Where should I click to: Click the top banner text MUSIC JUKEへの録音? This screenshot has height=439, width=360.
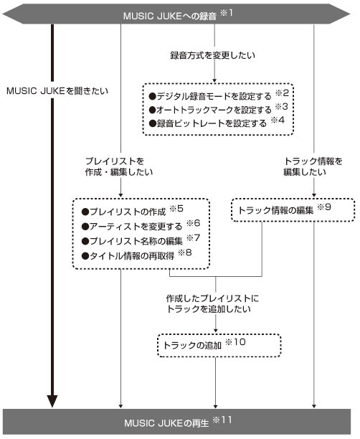coord(170,16)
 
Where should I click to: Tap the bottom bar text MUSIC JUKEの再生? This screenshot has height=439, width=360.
coord(166,423)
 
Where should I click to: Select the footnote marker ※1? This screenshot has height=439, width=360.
coord(226,13)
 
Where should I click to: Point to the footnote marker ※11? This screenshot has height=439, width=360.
coord(222,420)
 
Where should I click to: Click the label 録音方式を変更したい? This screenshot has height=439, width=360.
coord(213,55)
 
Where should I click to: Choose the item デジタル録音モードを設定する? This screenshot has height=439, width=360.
coord(210,96)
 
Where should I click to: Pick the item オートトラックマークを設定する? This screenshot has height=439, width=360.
coord(210,110)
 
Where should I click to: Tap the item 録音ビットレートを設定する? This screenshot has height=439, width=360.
coord(208,123)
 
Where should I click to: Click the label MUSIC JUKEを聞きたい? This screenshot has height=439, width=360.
coord(57,91)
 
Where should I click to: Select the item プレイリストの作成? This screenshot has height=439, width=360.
coord(124,212)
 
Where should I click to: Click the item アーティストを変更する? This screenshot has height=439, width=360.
coord(132,226)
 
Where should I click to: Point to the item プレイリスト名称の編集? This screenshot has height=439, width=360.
coord(132,241)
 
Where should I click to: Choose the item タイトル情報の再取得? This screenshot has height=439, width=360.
coord(128,255)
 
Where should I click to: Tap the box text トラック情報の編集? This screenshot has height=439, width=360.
coord(276,210)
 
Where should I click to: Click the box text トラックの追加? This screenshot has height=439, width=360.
coord(193,345)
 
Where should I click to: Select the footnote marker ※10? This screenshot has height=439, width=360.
coord(235,342)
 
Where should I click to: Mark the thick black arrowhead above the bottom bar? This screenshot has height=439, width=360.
coord(52,402)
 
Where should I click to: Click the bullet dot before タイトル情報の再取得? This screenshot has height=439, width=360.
coord(85,256)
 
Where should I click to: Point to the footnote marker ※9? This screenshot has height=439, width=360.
coord(324,207)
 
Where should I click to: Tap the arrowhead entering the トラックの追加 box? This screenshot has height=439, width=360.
coord(216,330)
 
